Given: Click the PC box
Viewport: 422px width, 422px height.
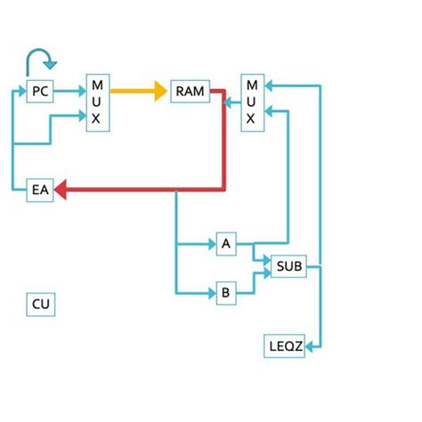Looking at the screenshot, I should [x=39, y=91].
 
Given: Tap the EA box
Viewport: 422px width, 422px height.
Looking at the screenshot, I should [x=39, y=189].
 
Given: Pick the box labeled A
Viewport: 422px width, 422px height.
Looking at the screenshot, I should [x=226, y=243].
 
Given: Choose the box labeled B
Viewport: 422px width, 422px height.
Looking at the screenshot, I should [x=226, y=292].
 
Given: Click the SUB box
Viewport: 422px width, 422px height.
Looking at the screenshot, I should [x=288, y=265].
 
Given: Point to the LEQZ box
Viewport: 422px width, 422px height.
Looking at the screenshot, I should [x=286, y=345].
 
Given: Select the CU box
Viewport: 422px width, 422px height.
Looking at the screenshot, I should [x=41, y=304].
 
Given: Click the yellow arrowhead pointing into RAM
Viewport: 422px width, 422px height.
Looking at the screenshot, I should [x=160, y=91].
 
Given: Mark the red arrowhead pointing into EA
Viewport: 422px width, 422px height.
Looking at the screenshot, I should [x=62, y=189].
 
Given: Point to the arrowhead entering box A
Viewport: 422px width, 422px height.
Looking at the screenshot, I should [x=211, y=243].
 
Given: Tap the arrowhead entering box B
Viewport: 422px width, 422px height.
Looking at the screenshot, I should [x=211, y=292].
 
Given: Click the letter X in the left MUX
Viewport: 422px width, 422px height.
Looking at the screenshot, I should [x=96, y=118].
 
